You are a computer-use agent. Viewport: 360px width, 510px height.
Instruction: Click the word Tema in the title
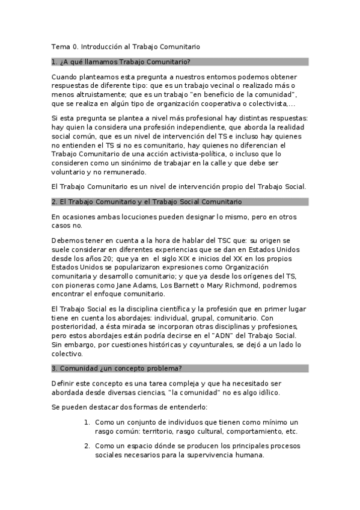pyautogui.click(x=61, y=46)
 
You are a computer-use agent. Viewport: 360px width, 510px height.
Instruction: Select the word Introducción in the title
pyautogui.click(x=103, y=46)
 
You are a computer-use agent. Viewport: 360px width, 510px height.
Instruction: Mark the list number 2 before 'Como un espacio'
pyautogui.click(x=87, y=446)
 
